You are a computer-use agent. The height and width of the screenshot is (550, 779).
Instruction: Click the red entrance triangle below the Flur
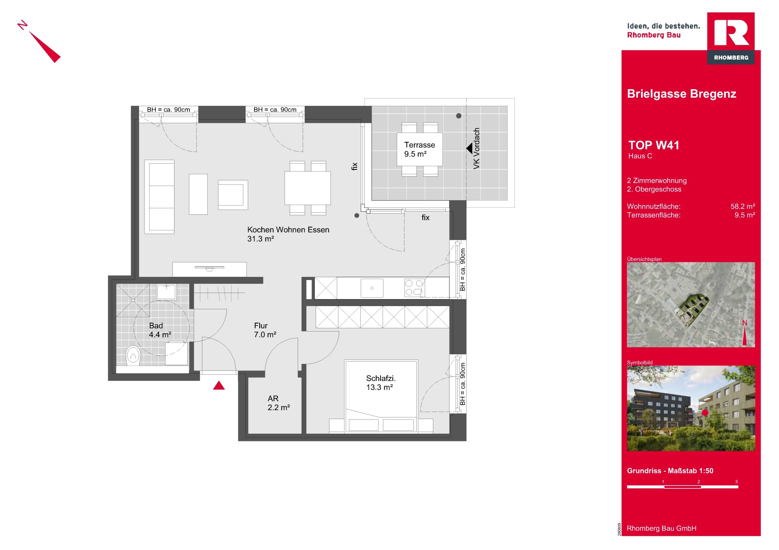(219, 385)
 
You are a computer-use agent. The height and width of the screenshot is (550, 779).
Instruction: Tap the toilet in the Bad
(133, 355)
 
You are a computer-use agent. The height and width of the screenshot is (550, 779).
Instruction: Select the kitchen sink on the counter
(372, 288)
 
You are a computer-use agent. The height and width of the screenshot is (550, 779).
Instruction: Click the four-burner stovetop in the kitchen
(414, 288)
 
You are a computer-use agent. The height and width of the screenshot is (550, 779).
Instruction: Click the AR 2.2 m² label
(279, 403)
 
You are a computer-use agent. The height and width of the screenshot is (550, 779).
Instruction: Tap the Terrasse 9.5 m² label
(420, 149)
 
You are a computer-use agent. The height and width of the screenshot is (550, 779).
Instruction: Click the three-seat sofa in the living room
(159, 197)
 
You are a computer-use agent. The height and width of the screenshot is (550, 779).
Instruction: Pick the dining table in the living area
(308, 188)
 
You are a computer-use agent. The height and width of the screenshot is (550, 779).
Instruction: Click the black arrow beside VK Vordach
(469, 148)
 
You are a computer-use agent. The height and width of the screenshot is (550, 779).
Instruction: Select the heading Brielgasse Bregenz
(682, 94)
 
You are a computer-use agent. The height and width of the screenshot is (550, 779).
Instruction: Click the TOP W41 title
(654, 145)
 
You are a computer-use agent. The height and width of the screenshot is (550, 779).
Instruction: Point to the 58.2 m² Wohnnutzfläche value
(743, 206)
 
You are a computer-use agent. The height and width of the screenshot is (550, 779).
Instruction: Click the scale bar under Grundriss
(682, 487)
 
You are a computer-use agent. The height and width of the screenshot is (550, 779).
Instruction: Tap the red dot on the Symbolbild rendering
(705, 413)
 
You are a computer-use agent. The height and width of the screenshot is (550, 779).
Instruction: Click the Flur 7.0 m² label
(265, 330)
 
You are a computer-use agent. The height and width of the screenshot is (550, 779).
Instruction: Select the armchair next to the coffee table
(233, 195)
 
